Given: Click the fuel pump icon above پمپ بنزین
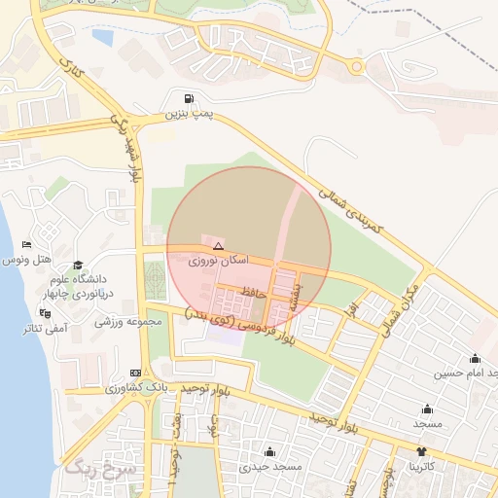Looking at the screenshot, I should coord(188,99).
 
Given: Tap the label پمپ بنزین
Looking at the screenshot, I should coord(187,115).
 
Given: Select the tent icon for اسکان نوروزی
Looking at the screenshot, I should coord(218,246).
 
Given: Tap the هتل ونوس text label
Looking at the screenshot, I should coord(26,260).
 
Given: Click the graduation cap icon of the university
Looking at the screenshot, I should coord(78,266).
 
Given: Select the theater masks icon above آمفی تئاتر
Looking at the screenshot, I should coord(44,313).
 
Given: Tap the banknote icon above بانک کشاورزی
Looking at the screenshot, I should coord(135,373).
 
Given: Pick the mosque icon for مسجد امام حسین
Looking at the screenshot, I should coord(475,358).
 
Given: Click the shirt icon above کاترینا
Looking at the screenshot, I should coord(421,451).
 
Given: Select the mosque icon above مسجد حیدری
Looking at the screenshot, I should coord(268,452).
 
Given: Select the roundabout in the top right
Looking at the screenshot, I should coord(357,67).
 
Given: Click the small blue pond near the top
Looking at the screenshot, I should coord(102,37).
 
